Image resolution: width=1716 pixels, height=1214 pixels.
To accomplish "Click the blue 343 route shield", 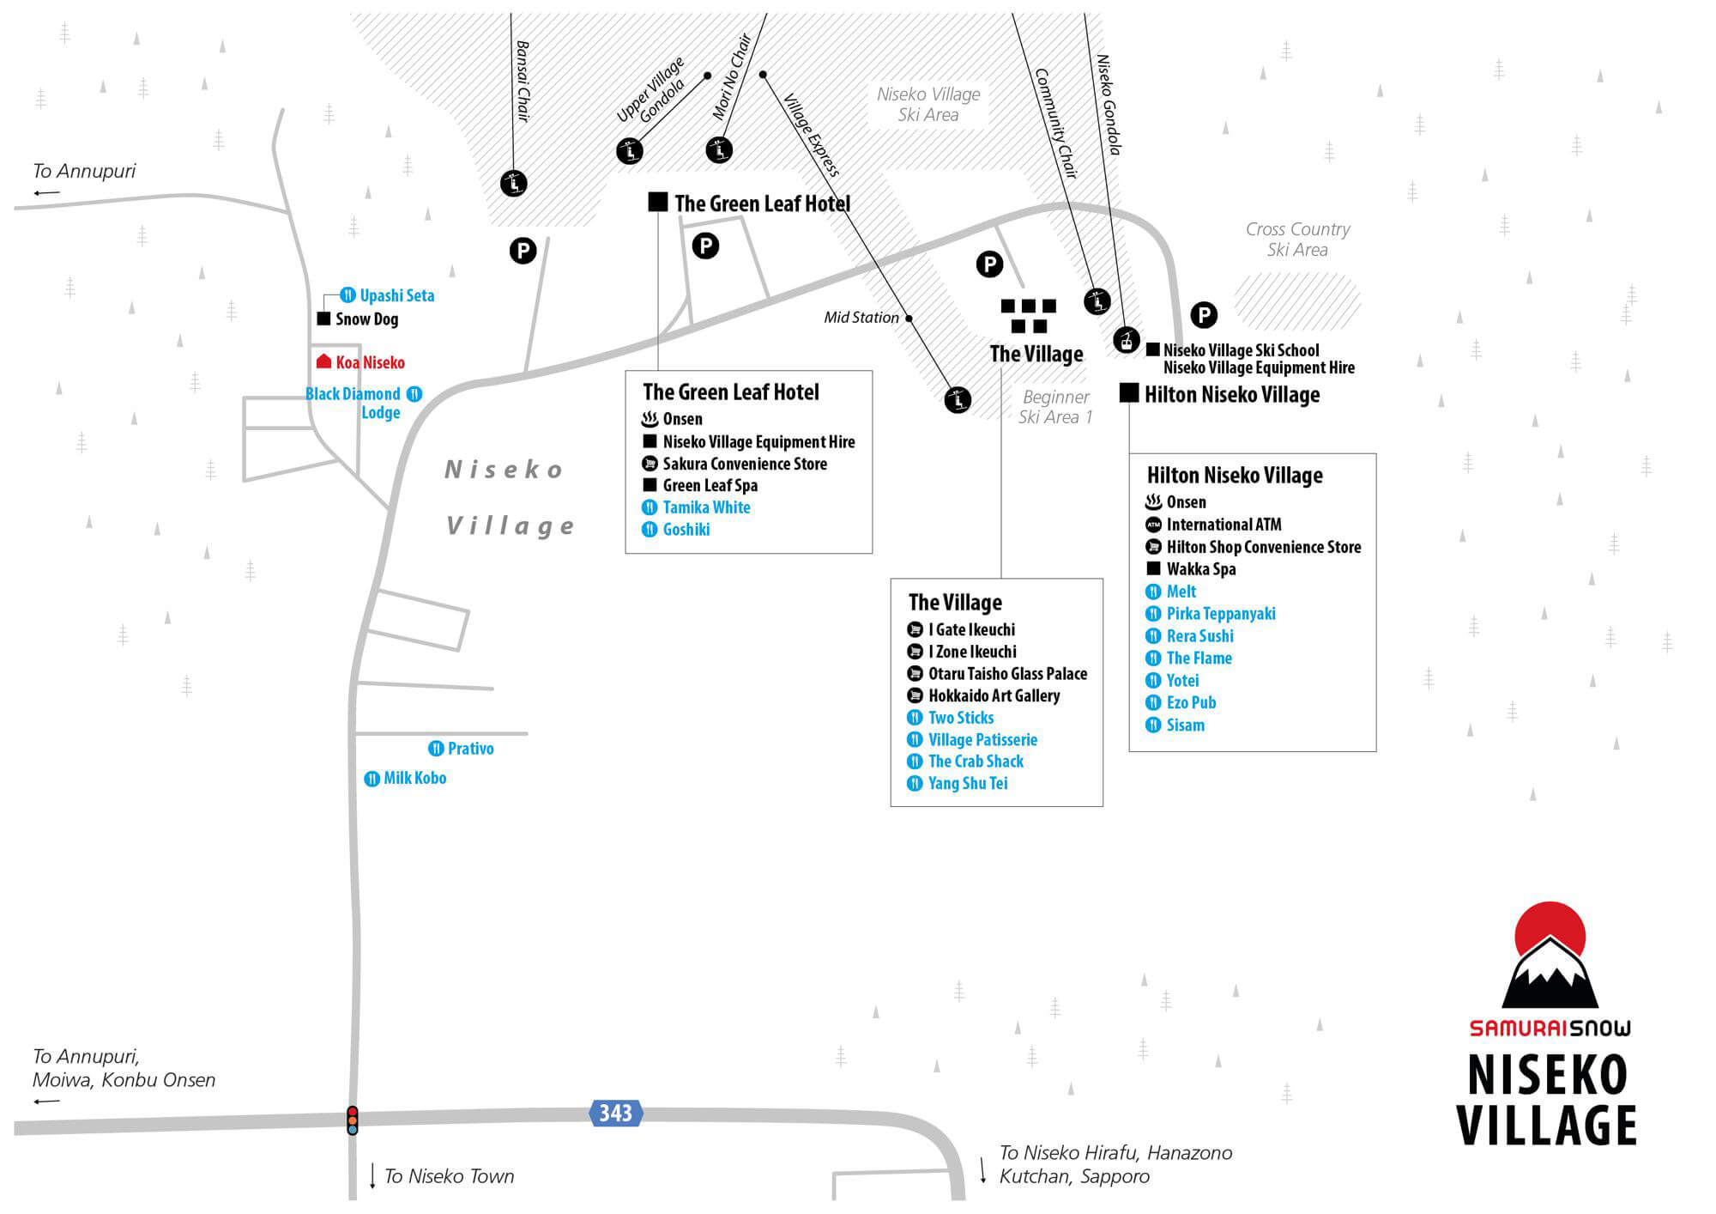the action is click(615, 1113).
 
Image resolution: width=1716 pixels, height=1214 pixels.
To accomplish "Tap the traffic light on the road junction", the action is click(352, 1120).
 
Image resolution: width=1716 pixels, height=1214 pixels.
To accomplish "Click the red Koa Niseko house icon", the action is click(323, 361).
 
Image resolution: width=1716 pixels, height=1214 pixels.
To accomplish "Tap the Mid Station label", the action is click(861, 317).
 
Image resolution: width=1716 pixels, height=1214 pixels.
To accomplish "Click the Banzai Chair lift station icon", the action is click(513, 183).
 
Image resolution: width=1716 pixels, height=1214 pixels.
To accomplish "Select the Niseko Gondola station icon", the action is click(1126, 340).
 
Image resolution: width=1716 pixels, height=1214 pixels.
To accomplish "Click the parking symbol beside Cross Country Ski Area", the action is click(1204, 315).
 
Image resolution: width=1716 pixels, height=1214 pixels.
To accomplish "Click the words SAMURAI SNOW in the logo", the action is click(1550, 1028).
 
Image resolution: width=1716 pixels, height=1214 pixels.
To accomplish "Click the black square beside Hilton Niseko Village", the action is click(1129, 393).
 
